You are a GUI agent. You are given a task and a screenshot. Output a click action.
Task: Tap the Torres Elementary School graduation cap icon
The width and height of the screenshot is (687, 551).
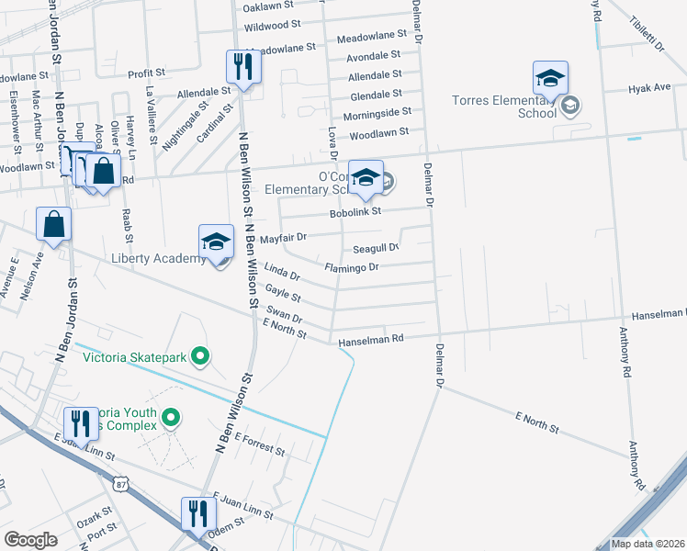(x=550, y=78)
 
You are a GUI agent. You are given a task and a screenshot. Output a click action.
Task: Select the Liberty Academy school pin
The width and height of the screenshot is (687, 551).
(x=216, y=242)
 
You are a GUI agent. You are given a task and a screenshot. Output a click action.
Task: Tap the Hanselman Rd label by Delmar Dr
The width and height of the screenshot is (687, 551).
(x=371, y=340)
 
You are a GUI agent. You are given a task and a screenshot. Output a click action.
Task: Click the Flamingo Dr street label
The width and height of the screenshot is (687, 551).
(x=352, y=267)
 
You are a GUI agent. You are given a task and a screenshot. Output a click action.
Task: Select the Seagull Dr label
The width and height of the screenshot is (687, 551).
(x=376, y=248)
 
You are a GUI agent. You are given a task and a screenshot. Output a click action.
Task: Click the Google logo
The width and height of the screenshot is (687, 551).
(x=30, y=540)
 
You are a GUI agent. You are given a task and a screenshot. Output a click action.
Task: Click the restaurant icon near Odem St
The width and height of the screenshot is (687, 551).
(x=197, y=513)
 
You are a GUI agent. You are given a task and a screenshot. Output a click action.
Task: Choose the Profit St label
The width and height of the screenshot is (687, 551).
(x=146, y=73)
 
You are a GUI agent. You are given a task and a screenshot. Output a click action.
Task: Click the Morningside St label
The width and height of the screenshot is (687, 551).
(x=377, y=113)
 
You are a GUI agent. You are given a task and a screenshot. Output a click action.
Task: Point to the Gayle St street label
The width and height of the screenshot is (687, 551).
(x=282, y=293)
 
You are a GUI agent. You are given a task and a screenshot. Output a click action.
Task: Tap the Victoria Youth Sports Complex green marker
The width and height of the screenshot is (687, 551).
(x=170, y=419)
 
